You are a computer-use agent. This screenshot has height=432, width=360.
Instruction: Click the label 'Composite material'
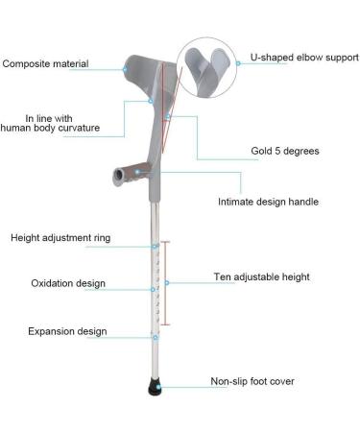tap(45, 64)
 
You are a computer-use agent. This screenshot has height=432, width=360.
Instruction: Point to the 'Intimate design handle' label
tap(268, 203)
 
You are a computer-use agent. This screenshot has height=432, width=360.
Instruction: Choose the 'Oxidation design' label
tap(55, 283)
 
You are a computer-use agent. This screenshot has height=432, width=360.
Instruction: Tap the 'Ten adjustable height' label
tap(261, 277)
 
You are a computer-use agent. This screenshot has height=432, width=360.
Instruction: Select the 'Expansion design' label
tap(54, 331)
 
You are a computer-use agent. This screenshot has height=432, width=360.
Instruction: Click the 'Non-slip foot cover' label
tap(252, 382)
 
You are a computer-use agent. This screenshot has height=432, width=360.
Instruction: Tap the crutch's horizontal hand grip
tap(131, 176)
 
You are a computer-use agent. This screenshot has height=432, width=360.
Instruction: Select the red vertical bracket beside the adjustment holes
tap(164, 282)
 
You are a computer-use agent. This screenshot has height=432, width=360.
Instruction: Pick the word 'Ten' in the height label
tap(222, 277)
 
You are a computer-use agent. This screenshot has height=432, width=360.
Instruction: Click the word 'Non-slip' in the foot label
tap(229, 382)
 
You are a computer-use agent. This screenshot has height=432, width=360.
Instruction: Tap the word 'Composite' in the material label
tap(29, 64)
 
